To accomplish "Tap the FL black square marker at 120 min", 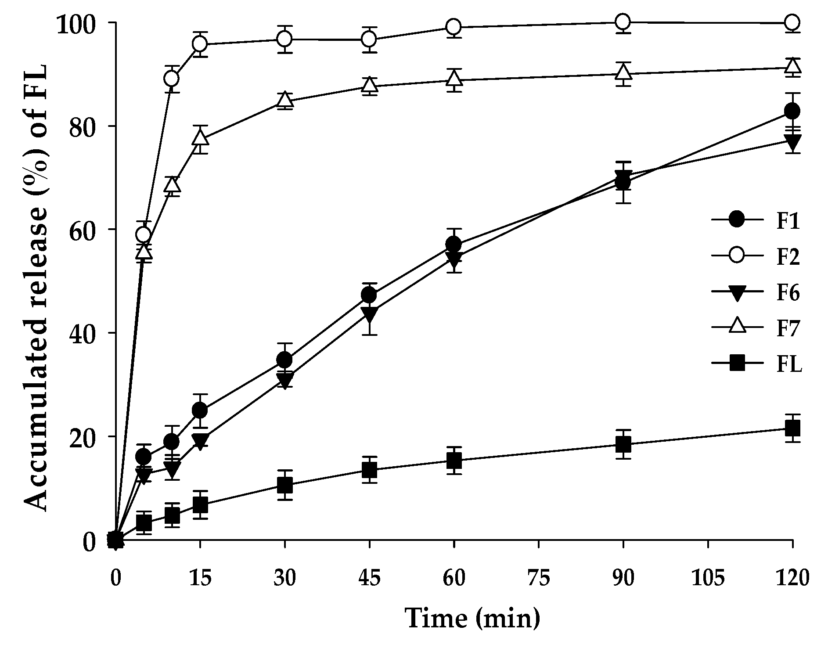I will (792, 428).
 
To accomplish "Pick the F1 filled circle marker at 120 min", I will (792, 111).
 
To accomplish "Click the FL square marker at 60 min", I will (454, 460).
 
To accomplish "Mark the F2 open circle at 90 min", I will (623, 22).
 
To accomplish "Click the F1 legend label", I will (788, 222).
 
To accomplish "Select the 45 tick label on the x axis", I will (369, 578).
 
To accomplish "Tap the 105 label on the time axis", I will (707, 578).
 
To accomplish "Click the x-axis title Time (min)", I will (472, 618).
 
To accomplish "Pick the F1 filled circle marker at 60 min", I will (454, 244).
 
